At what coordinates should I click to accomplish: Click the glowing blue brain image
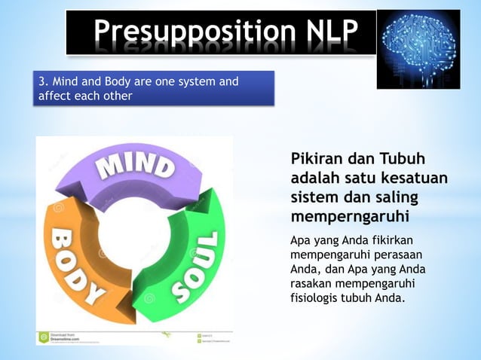pyautogui.click(x=418, y=49)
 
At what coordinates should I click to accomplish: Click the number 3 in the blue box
pyautogui.click(x=44, y=82)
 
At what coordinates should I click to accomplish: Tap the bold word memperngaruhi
pyautogui.click(x=349, y=217)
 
